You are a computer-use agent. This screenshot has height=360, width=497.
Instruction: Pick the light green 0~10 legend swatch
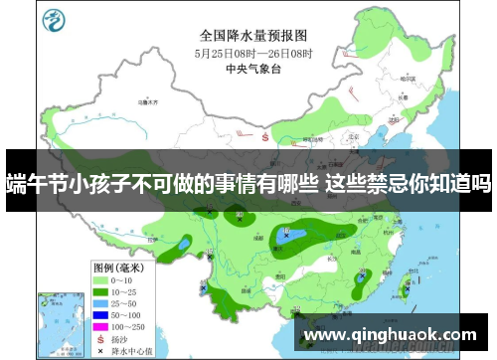(x=100, y=281)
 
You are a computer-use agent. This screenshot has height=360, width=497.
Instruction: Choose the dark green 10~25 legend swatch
(x=100, y=292)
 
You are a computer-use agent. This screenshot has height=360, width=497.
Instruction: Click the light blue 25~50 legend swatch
(x=100, y=304)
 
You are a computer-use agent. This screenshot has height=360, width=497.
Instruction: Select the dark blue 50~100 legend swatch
(x=100, y=315)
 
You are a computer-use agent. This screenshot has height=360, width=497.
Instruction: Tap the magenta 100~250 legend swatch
(x=100, y=327)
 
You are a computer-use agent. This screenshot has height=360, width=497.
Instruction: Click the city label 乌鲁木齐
(x=150, y=101)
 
